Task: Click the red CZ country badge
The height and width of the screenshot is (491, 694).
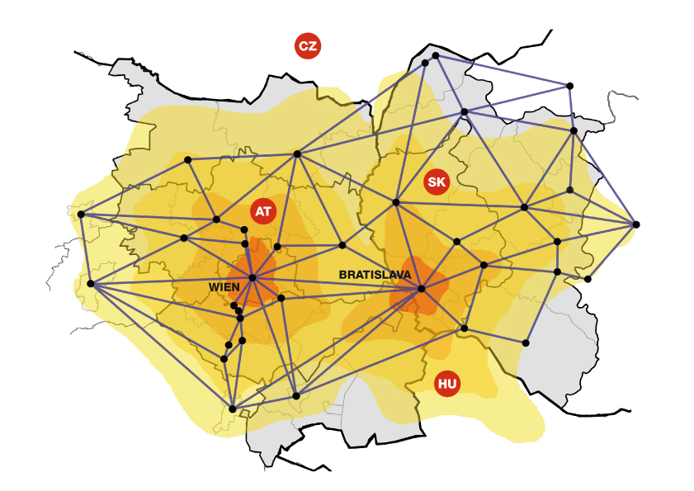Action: [308, 46]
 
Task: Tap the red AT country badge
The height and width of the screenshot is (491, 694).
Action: [263, 211]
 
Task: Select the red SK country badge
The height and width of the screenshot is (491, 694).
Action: [437, 182]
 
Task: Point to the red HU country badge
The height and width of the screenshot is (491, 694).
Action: [447, 383]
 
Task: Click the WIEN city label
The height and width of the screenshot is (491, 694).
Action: [224, 286]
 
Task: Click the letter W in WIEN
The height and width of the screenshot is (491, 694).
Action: [214, 286]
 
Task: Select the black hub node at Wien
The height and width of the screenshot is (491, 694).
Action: [253, 277]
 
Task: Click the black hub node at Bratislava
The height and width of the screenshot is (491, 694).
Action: [421, 289]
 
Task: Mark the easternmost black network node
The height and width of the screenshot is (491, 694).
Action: [635, 224]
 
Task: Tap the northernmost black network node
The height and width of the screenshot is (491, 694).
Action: [436, 55]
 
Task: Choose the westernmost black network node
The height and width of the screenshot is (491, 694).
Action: [81, 215]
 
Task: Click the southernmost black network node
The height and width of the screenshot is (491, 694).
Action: [233, 408]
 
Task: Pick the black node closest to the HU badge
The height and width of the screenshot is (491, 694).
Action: [464, 328]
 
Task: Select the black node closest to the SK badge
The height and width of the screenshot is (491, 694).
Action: [396, 202]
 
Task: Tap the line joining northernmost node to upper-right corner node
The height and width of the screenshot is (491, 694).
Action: [503, 71]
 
